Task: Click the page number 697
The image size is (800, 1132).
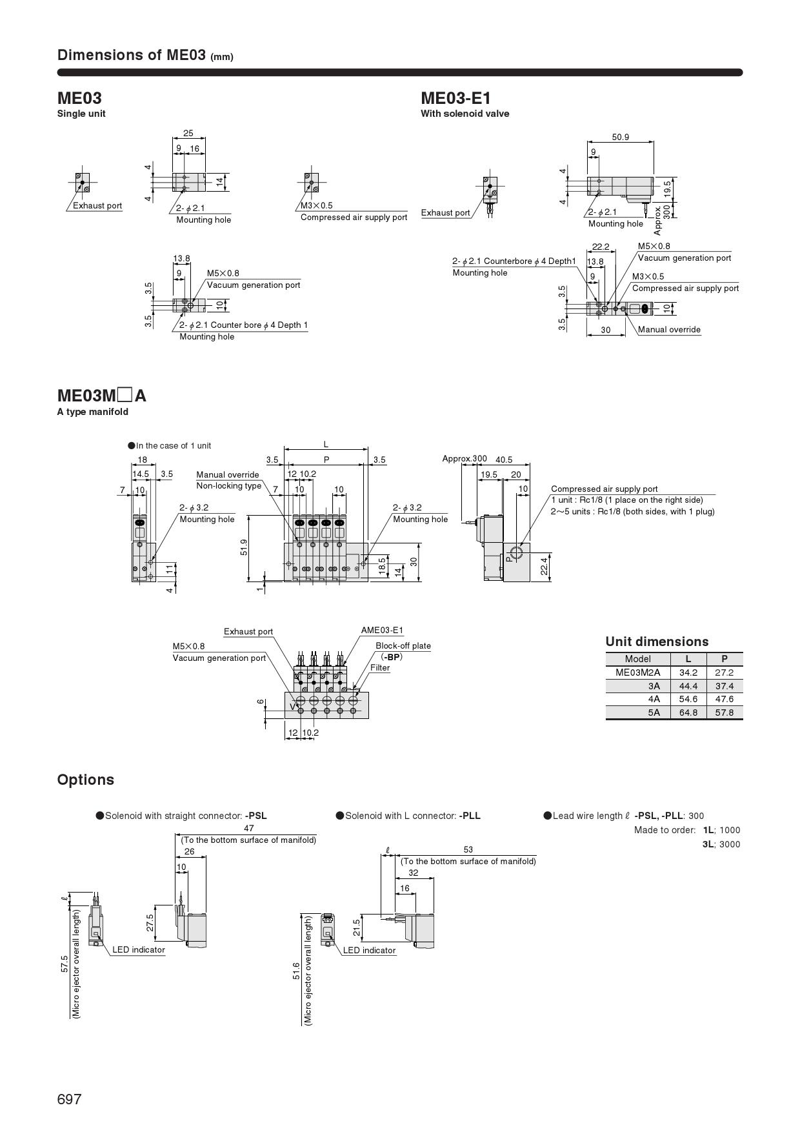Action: (70, 1099)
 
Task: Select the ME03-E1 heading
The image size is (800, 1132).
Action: (455, 98)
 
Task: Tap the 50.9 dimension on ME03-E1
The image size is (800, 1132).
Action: (620, 137)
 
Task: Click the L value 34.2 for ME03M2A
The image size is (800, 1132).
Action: (688, 672)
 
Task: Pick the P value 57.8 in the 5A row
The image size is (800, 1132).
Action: (724, 713)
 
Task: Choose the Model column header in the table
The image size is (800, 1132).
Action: (637, 659)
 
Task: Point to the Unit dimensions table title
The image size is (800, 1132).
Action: (656, 642)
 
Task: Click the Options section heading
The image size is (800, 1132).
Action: (85, 780)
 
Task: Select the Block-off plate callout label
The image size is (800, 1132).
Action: (403, 645)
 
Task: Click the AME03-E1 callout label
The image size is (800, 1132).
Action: (382, 631)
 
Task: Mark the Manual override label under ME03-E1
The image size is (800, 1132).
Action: (669, 330)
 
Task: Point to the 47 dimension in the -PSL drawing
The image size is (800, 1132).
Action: (249, 828)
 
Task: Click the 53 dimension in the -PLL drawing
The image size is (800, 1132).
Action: (468, 849)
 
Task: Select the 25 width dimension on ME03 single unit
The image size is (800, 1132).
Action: (188, 134)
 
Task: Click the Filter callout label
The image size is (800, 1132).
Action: (380, 668)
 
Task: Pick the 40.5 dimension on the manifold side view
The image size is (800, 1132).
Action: (503, 460)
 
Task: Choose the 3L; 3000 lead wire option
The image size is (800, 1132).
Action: (721, 844)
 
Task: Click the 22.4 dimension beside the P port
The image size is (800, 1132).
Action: (544, 565)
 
